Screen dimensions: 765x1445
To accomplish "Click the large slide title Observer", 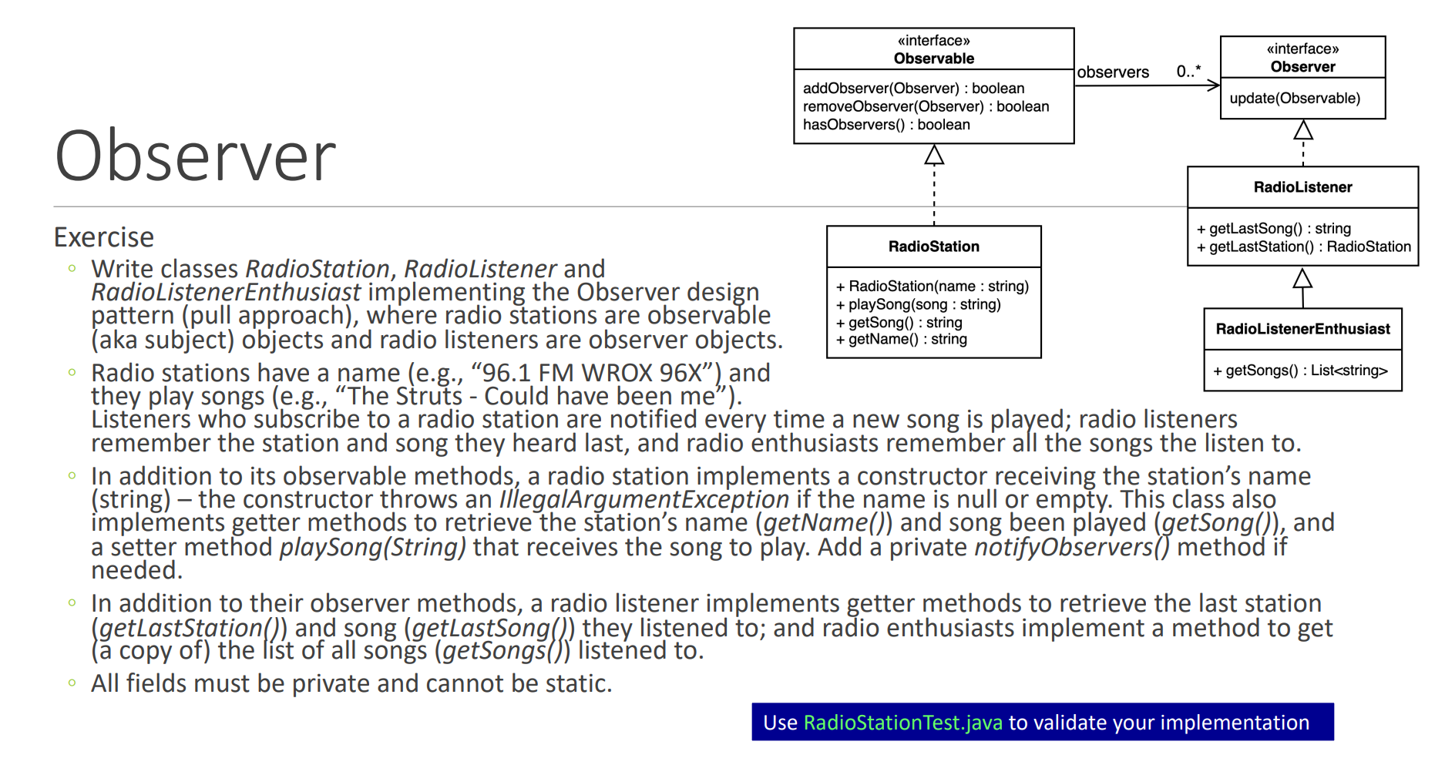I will click(x=195, y=156).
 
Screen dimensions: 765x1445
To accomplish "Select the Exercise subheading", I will click(x=104, y=237).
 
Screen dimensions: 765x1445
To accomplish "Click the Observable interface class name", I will click(x=933, y=59).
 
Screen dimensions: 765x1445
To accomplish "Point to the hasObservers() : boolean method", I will click(x=886, y=125).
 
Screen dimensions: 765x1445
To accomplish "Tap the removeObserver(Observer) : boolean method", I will click(x=926, y=106).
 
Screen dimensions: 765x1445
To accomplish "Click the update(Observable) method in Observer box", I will click(x=1295, y=99).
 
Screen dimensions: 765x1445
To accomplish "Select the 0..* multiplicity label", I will click(x=1188, y=72).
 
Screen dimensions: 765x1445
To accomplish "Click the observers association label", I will click(x=1112, y=72).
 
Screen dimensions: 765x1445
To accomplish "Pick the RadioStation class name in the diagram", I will click(x=933, y=247).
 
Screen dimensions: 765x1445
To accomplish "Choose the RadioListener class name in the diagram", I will click(x=1302, y=187).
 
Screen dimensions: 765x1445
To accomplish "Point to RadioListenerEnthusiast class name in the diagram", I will click(x=1302, y=329).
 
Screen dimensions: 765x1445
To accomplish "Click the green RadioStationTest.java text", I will click(x=902, y=723).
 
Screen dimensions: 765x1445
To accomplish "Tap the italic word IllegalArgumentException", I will click(x=644, y=499).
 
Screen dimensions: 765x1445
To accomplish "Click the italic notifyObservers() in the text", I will click(x=1072, y=547).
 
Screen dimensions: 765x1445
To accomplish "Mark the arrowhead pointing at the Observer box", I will click(x=1213, y=85).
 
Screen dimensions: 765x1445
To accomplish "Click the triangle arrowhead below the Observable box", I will click(x=934, y=155).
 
